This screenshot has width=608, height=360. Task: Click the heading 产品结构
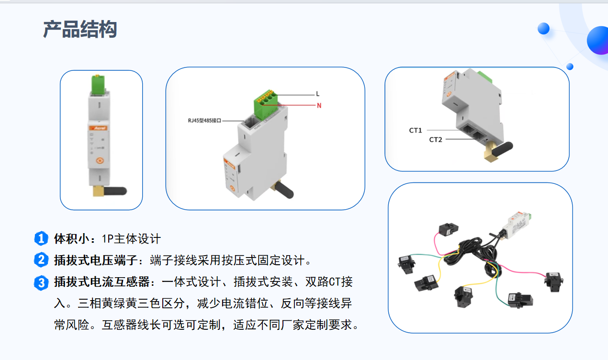(80, 29)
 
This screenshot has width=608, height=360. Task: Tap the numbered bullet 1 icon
(41, 238)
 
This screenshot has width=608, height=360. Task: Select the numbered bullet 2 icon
(41, 260)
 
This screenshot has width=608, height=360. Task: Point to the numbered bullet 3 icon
(41, 283)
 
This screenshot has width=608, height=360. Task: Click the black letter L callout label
(317, 94)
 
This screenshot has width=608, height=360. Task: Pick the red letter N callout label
(319, 105)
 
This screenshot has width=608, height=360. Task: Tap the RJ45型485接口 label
(204, 121)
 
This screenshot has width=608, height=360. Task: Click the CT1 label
(415, 131)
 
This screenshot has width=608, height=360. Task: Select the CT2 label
(435, 140)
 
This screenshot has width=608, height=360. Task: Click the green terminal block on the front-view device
(98, 84)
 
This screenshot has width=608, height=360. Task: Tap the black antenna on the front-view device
(115, 191)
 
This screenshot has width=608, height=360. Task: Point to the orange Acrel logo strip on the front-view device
(99, 128)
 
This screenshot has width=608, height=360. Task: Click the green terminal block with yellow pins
(265, 104)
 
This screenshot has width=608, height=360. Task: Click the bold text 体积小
(72, 238)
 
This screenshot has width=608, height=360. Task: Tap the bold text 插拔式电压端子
(96, 260)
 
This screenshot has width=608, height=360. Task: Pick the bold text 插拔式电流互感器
(102, 282)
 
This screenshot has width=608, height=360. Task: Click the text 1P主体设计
(131, 239)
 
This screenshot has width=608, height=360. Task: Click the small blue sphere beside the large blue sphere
(543, 29)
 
